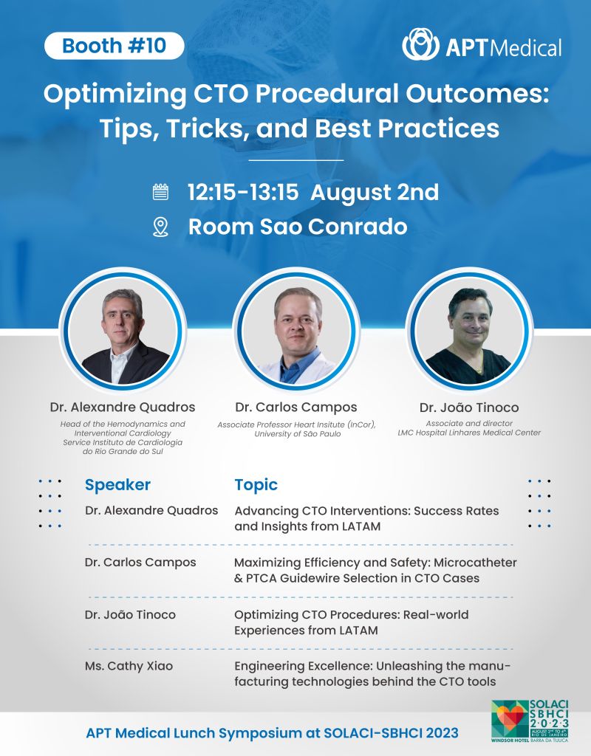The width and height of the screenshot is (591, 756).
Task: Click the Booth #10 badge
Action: pyautogui.click(x=115, y=46)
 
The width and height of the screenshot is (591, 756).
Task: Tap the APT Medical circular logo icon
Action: pyautogui.click(x=420, y=44)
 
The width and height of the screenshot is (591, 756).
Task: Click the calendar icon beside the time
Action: pyautogui.click(x=160, y=192)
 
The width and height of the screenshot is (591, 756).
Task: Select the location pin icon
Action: pyautogui.click(x=160, y=227)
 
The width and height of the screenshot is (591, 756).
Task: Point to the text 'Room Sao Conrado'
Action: pyautogui.click(x=298, y=227)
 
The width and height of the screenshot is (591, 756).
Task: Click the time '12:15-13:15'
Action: pyautogui.click(x=243, y=192)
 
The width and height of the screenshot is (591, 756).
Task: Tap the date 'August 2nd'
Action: pyautogui.click(x=375, y=192)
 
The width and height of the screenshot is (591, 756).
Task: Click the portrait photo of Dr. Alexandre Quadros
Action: pyautogui.click(x=123, y=331)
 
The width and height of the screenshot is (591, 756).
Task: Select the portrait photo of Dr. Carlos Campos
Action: pyautogui.click(x=296, y=331)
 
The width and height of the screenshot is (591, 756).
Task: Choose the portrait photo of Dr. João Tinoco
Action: pyautogui.click(x=469, y=331)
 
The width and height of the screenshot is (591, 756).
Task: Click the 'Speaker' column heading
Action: pyautogui.click(x=117, y=485)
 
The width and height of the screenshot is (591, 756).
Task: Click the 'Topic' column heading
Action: pyautogui.click(x=256, y=485)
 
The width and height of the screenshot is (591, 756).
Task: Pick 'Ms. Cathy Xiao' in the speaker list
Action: pyautogui.click(x=129, y=666)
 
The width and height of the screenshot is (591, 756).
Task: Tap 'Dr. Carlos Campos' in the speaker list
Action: pyautogui.click(x=140, y=562)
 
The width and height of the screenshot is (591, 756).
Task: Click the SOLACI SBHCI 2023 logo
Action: pyautogui.click(x=530, y=721)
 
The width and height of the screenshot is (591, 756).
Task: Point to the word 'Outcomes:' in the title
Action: pyautogui.click(x=477, y=94)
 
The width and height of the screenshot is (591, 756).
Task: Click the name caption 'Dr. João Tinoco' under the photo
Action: pyautogui.click(x=469, y=408)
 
